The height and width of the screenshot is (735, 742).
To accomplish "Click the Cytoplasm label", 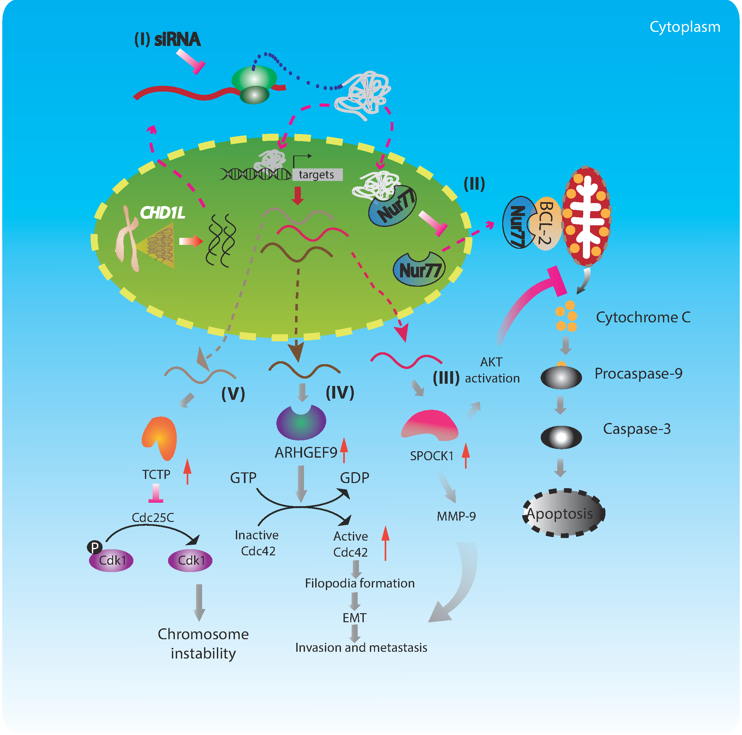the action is pyautogui.click(x=685, y=27).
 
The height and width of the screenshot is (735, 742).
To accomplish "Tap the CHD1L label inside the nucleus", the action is pyautogui.click(x=163, y=212).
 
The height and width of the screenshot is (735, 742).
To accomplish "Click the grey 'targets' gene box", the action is pyautogui.click(x=317, y=175).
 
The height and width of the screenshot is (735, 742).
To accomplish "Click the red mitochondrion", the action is pyautogui.click(x=586, y=217).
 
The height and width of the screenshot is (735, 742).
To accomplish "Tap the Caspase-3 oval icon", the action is pyautogui.click(x=561, y=437).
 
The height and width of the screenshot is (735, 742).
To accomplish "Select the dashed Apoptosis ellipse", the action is pyautogui.click(x=563, y=513).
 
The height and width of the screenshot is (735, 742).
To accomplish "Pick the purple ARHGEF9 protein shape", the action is pyautogui.click(x=301, y=422).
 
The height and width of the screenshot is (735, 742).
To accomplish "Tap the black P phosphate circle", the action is pyautogui.click(x=94, y=547).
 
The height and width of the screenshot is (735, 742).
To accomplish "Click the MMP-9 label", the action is pyautogui.click(x=456, y=516).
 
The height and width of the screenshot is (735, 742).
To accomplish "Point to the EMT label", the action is pyautogui.click(x=354, y=618).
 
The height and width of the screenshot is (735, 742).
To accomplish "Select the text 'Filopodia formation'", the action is pyautogui.click(x=360, y=583).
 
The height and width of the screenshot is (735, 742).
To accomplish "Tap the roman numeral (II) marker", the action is pyautogui.click(x=474, y=184).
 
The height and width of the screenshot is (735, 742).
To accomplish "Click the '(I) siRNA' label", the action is pyautogui.click(x=167, y=39).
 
